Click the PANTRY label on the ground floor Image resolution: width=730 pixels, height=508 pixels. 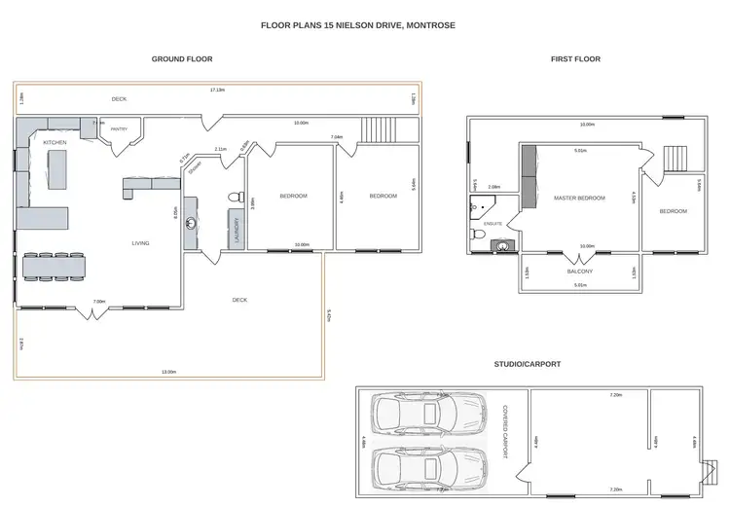[x=120, y=128]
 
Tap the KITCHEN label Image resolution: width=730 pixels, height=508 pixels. [x=55, y=143]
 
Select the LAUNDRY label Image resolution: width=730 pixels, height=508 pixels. [x=236, y=229]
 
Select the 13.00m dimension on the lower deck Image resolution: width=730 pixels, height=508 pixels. [x=169, y=372]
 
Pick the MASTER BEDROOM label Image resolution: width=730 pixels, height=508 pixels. [x=579, y=198]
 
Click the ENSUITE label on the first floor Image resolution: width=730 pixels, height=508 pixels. [x=493, y=224]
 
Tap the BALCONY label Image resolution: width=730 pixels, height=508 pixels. [x=579, y=272]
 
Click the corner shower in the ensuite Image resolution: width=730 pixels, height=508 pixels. [x=480, y=204]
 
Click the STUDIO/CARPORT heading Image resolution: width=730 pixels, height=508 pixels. [x=529, y=364]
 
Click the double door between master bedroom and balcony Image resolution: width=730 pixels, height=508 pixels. [x=579, y=255]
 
